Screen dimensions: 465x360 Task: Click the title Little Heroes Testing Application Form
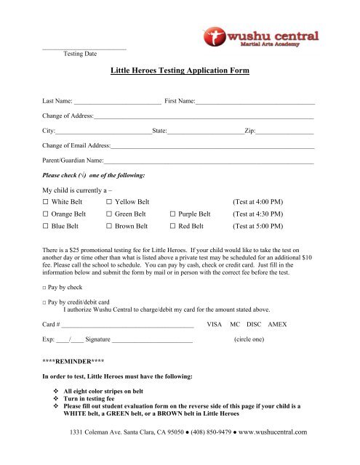pyautogui.click(x=180, y=71)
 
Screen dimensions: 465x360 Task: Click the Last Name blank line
pyautogui.click(x=117, y=102)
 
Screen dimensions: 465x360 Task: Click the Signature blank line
pyautogui.click(x=152, y=339)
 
